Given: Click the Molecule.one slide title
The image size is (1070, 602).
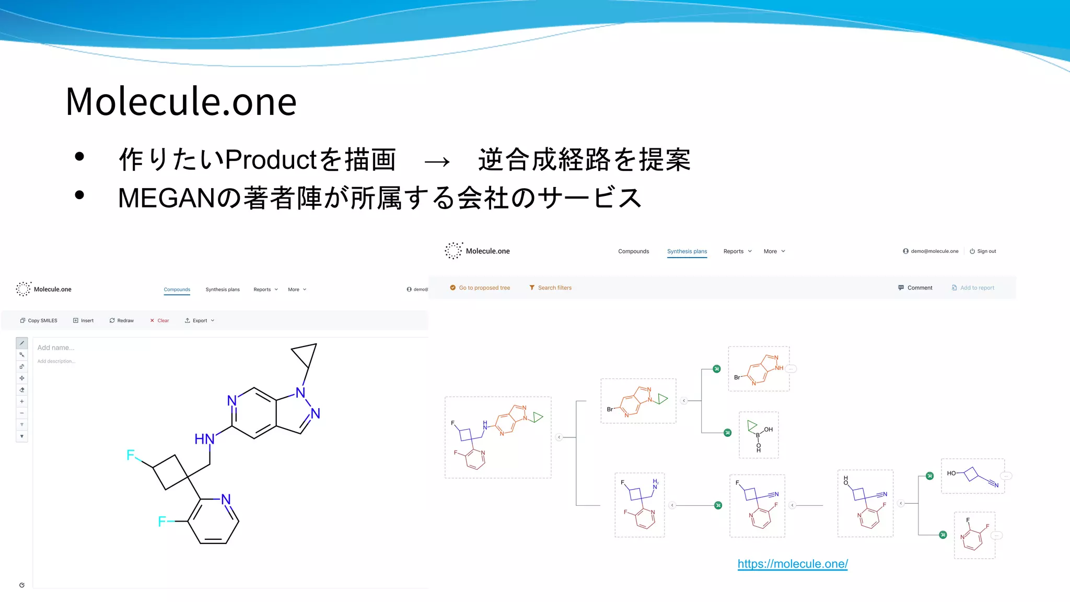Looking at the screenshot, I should [x=181, y=101].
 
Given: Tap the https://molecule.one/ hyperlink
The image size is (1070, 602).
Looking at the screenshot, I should [x=792, y=564].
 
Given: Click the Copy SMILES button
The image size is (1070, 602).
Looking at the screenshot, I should [x=39, y=320].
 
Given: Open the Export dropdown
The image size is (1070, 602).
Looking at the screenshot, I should [x=199, y=320].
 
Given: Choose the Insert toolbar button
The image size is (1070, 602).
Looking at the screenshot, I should [x=84, y=320].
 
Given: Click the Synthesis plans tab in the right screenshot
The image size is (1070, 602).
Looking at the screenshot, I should [x=687, y=251].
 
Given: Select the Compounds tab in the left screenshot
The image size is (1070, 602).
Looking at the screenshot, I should [x=177, y=290].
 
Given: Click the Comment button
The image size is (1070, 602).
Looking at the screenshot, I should [x=915, y=288].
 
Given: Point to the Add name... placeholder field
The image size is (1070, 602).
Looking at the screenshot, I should [x=56, y=348].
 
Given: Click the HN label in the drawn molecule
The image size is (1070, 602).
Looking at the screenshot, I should [x=204, y=439].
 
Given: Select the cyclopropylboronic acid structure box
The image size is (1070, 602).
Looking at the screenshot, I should [x=758, y=435].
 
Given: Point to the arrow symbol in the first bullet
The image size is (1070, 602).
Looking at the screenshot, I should [x=437, y=161].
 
